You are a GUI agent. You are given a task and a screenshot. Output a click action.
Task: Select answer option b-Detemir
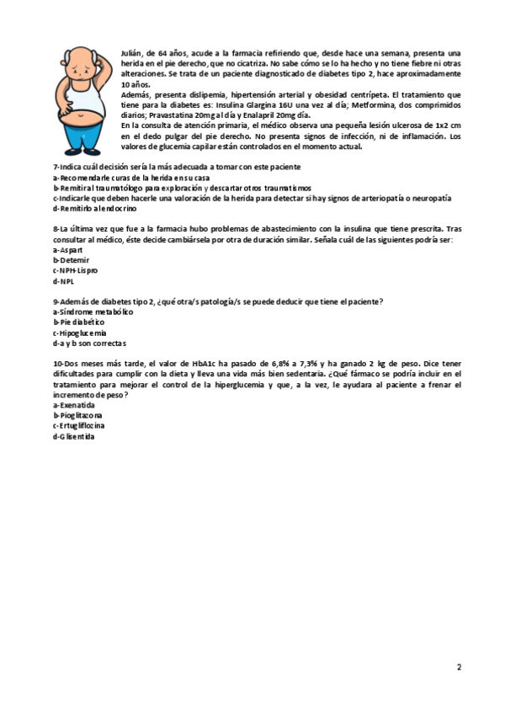click(x=71, y=260)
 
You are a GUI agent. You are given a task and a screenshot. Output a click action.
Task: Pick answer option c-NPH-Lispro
click(x=75, y=270)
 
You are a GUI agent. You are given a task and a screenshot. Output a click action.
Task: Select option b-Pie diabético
click(x=78, y=322)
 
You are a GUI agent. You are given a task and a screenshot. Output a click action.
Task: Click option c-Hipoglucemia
click(x=80, y=333)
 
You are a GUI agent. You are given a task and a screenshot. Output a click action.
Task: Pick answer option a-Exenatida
click(x=73, y=405)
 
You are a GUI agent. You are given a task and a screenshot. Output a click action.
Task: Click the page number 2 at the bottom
click(x=459, y=668)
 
